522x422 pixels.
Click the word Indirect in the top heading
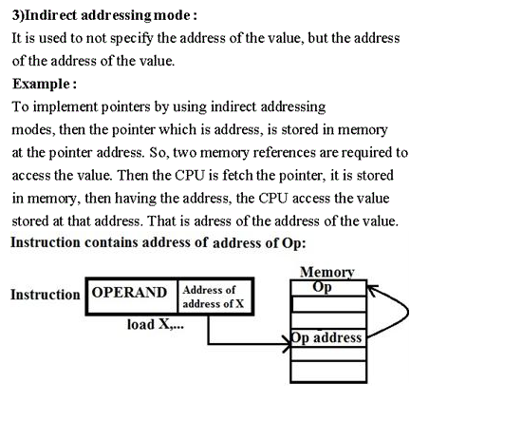51,15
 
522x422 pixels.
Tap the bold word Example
41,84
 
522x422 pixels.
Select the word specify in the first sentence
132,39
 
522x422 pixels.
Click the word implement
65,107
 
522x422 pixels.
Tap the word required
366,153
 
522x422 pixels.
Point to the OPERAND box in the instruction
132,297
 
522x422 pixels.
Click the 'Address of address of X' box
215,297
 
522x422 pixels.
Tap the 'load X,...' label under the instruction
156,324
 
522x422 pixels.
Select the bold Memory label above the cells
327,273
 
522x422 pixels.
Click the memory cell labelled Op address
328,338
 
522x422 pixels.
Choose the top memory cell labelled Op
328,288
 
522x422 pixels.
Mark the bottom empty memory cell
328,372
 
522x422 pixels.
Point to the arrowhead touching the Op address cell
287,344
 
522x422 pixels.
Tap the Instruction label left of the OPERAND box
46,295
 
